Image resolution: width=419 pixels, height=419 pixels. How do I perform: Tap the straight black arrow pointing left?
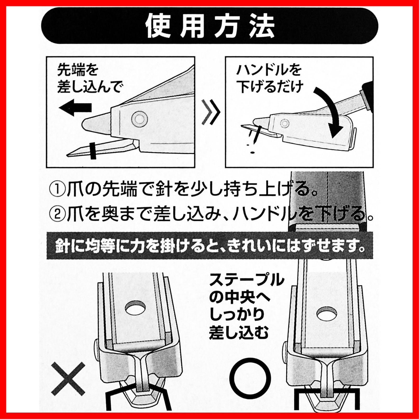click(75, 107)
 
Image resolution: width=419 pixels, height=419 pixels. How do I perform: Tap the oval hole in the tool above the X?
click(136, 308)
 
